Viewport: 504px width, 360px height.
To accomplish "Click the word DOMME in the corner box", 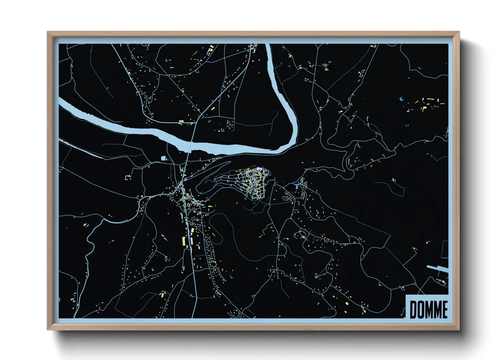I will [x=428, y=309].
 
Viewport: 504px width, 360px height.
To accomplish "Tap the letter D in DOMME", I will [x=413, y=310].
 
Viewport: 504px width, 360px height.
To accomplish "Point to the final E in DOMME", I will [x=444, y=310].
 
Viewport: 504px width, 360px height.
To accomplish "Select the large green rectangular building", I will [x=184, y=241].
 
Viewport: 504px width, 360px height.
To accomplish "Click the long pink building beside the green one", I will [x=191, y=242].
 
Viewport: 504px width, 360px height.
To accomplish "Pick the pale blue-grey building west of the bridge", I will [x=163, y=158].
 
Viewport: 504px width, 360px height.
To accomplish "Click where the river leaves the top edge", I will [x=268, y=46].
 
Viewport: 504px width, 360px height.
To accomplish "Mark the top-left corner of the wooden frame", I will [x=48, y=32].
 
